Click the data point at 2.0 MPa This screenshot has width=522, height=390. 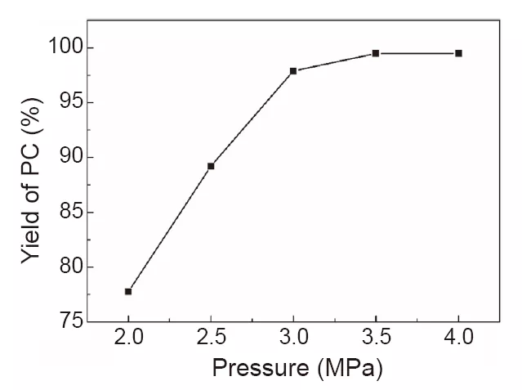click(128, 291)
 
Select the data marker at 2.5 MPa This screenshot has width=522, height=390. click(211, 166)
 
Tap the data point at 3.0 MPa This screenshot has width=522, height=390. click(293, 71)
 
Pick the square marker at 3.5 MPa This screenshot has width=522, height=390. click(376, 53)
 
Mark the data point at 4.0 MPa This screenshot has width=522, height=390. click(458, 53)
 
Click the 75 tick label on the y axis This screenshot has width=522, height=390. click(72, 322)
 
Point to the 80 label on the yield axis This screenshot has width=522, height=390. click(72, 267)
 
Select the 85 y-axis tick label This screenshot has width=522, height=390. click(72, 213)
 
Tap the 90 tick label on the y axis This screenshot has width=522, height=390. click(72, 158)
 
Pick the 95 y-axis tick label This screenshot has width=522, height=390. click(72, 103)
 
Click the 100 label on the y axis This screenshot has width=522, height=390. click(66, 48)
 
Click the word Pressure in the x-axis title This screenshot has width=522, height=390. click(260, 369)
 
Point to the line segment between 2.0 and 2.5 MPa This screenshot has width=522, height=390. click(169, 229)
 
